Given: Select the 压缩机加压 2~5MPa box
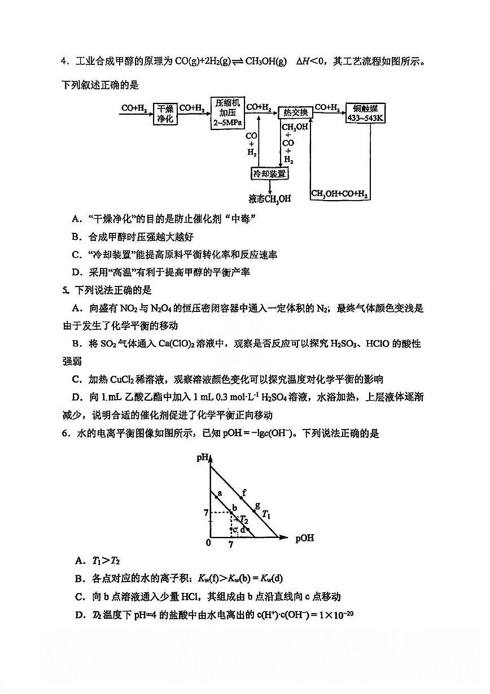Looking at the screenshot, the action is tap(228, 113).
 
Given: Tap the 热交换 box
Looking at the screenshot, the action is tap(296, 112).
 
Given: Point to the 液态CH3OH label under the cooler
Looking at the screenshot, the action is tap(270, 199).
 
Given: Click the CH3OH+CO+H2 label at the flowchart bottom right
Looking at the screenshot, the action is tap(340, 194).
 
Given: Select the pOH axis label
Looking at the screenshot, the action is tap(304, 538).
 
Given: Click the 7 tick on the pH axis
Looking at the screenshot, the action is tap(206, 513).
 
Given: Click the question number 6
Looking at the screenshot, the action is tap(65, 433).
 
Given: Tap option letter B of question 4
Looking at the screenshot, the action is tap(76, 237).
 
